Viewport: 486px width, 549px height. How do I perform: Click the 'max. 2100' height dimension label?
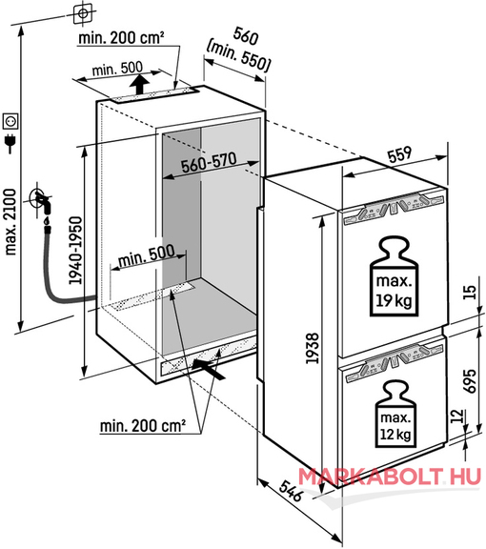(x=10, y=222)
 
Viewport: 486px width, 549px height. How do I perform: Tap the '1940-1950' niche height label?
(x=75, y=251)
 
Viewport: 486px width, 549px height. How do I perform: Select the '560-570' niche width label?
(x=209, y=163)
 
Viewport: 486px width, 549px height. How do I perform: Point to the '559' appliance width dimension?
(x=400, y=154)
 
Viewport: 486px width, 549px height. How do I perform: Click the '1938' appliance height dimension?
(x=313, y=348)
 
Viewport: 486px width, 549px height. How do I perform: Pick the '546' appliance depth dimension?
(x=291, y=490)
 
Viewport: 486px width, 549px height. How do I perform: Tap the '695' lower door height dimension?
(x=470, y=380)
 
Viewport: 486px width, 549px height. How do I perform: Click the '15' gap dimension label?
(x=471, y=292)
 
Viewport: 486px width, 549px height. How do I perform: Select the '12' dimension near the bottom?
(x=457, y=416)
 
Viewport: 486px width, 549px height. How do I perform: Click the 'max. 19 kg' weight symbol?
(x=394, y=276)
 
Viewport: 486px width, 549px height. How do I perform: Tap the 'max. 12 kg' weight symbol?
(x=395, y=415)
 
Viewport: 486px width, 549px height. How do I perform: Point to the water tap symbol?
(x=43, y=202)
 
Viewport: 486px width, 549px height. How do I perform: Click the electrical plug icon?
(x=10, y=144)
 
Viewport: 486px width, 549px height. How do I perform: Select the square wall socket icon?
(x=10, y=121)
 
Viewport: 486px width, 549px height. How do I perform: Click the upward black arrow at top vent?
(x=139, y=85)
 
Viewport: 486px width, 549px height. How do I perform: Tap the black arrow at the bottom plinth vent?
(x=210, y=370)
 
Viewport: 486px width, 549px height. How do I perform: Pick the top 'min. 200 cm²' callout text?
(x=122, y=37)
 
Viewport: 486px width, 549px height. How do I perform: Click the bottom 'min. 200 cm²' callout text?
(x=143, y=426)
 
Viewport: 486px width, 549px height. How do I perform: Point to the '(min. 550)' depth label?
(x=238, y=57)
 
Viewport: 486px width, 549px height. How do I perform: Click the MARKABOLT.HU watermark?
(x=390, y=477)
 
